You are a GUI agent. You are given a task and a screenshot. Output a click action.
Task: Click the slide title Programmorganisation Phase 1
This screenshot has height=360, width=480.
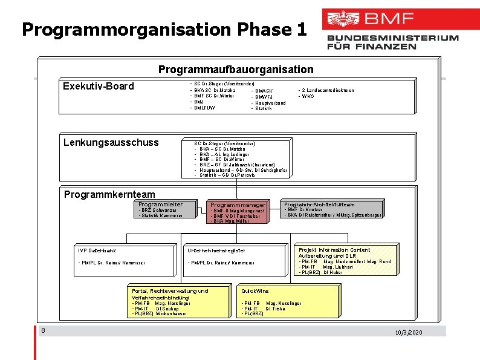coord(164,29)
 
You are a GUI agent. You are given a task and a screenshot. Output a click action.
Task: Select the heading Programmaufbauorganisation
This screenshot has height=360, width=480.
coord(236,70)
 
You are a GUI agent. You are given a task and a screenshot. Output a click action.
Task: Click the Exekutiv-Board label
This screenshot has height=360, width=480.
coord(99,86)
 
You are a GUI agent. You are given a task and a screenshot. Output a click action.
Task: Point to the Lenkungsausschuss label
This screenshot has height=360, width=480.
coord(111,142)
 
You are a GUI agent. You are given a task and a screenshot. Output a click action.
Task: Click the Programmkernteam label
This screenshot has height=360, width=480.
coord(109,194)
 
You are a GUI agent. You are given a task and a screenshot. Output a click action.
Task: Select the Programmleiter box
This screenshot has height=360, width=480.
coord(160,210)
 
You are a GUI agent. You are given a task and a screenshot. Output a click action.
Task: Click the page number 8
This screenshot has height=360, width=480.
coord(44,330)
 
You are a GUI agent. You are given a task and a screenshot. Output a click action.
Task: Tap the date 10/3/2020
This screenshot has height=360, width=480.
coord(409,333)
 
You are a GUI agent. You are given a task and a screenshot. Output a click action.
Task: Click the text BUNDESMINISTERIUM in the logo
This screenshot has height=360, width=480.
coord(393,38)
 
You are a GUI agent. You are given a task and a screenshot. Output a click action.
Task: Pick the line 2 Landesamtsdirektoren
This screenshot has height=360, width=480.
coord(326,90)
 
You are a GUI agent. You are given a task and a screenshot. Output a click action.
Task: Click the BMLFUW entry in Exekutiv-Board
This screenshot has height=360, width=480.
coord(204,108)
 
